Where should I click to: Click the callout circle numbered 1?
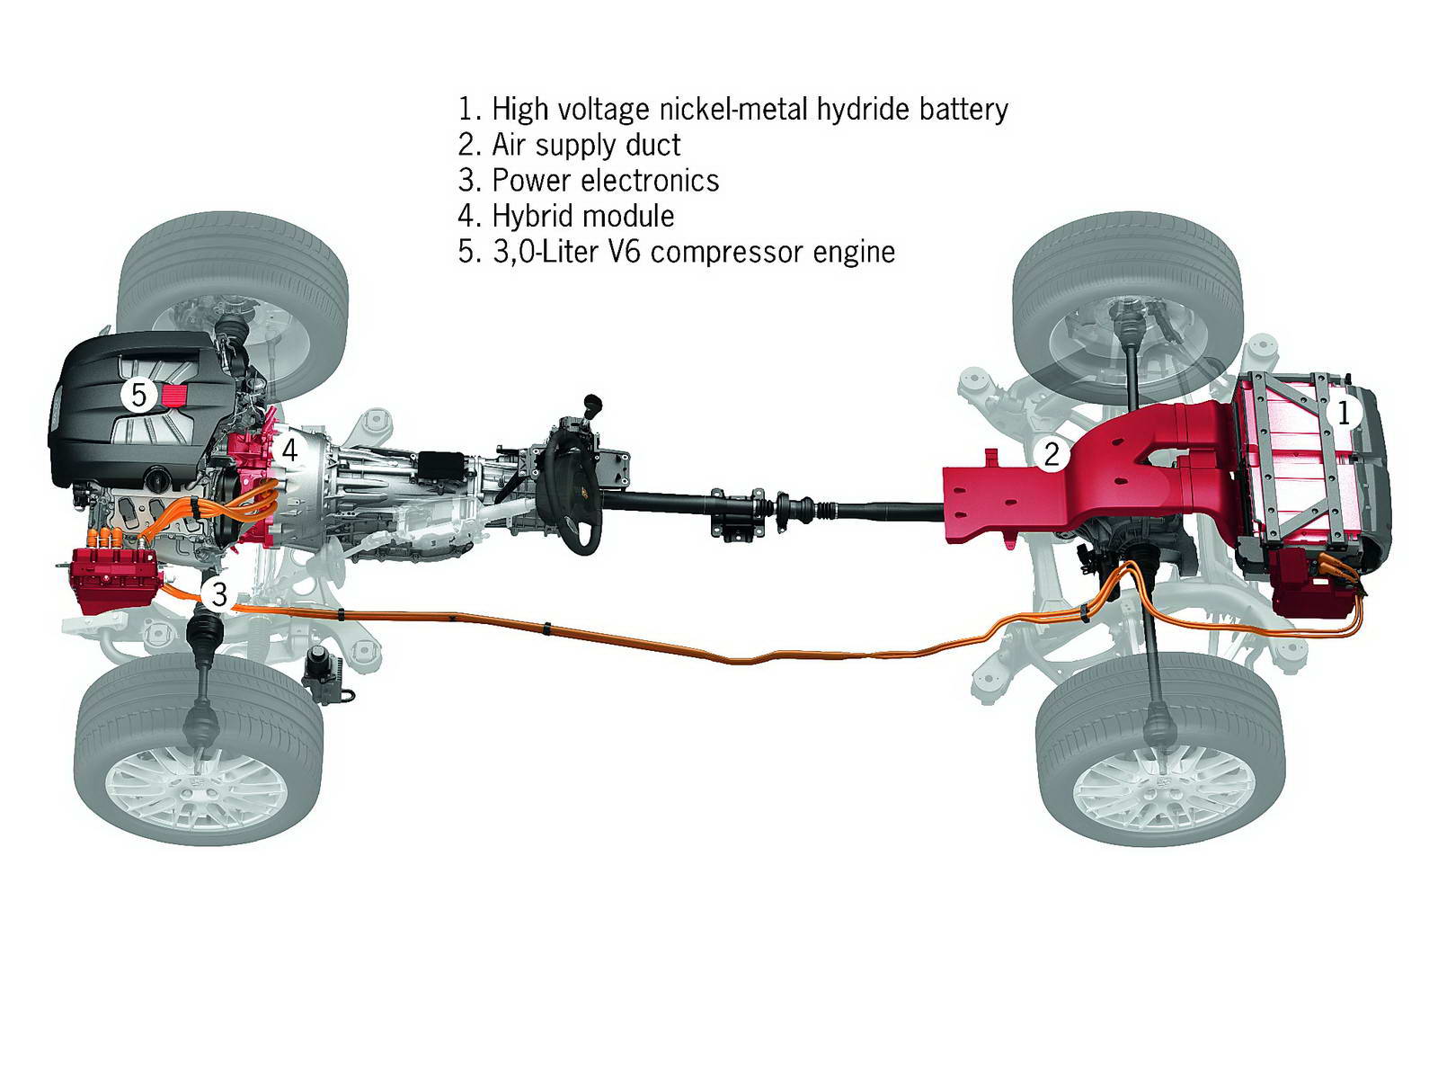coord(1344,413)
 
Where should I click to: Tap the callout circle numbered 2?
coord(1051,454)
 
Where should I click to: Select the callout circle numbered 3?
coord(219,594)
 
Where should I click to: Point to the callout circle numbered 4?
coord(289,449)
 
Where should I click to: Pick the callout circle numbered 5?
coord(138,394)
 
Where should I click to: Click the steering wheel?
coord(571,486)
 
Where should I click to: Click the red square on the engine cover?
coord(174,394)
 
